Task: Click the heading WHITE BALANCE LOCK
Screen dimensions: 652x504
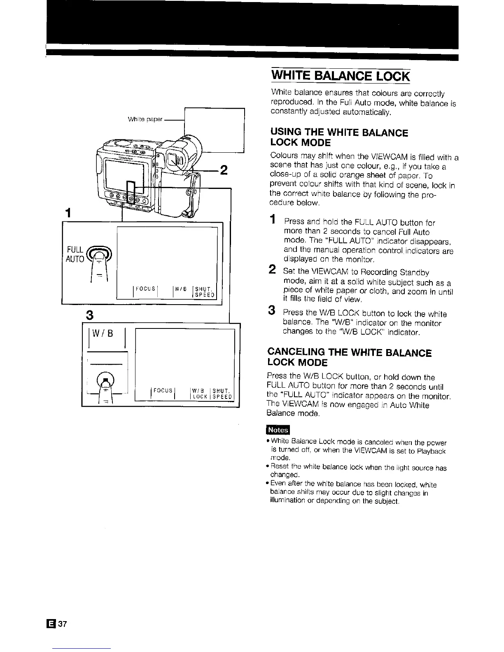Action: pyautogui.click(x=341, y=77)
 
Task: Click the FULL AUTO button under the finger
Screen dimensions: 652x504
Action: pyautogui.click(x=98, y=251)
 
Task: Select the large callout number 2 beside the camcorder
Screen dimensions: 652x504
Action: pyautogui.click(x=224, y=170)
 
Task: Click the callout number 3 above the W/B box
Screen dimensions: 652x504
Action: pyautogui.click(x=88, y=316)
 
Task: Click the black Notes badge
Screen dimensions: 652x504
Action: pyautogui.click(x=278, y=430)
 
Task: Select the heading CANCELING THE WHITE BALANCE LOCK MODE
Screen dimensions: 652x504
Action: pyautogui.click(x=349, y=358)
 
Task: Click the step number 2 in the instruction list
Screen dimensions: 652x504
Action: pyautogui.click(x=272, y=270)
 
